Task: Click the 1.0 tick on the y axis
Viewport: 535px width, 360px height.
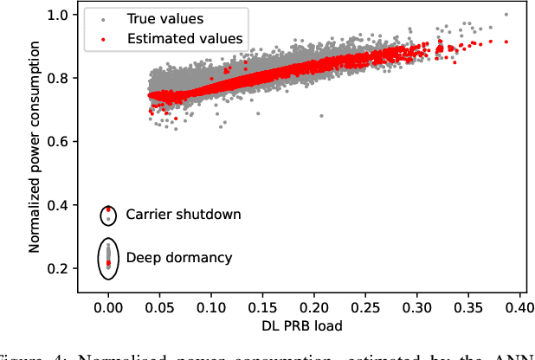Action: (59, 15)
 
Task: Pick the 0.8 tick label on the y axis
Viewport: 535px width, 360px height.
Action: (59, 78)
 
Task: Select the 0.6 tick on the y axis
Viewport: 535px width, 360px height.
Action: (59, 141)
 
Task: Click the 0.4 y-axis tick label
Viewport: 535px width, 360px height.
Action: (59, 205)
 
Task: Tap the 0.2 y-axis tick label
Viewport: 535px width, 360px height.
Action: (59, 268)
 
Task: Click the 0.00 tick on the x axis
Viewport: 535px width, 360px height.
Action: (108, 306)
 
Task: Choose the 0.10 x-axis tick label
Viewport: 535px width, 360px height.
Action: (211, 306)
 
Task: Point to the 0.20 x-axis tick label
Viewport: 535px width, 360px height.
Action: (314, 306)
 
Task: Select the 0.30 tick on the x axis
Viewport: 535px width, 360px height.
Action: (417, 306)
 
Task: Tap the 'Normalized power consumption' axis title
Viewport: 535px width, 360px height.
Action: (35, 142)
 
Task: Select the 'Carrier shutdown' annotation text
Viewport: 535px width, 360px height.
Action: (183, 214)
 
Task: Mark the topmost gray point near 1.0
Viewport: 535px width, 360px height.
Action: (506, 15)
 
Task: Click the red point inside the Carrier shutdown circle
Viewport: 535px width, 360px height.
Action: (108, 209)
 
